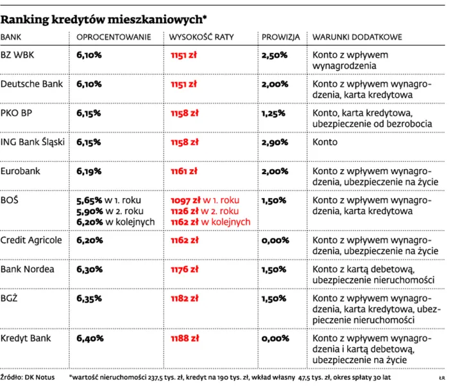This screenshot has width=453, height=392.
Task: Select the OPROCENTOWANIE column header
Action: point(114,37)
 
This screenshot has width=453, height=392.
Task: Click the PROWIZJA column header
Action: point(280,37)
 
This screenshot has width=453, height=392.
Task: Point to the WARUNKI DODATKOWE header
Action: point(357,37)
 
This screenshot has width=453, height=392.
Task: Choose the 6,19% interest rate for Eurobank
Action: point(89,172)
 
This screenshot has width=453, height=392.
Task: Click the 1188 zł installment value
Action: point(185,338)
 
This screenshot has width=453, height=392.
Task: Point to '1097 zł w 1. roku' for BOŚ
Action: point(205,200)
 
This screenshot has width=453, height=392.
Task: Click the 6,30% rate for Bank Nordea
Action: point(89,269)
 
